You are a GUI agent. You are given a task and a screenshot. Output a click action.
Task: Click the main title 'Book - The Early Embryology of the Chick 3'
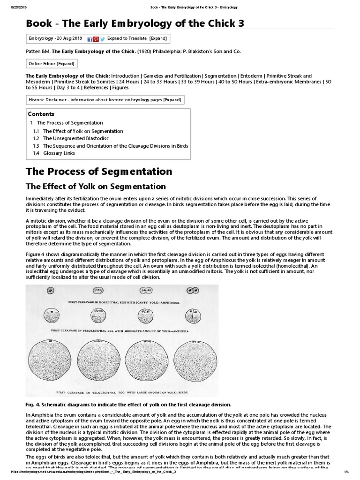coord(135,23)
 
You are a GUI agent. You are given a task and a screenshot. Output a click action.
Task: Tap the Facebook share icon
coord(90,39)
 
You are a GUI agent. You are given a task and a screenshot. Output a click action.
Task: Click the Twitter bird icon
coord(102,39)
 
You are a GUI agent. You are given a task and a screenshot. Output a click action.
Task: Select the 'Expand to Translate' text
coord(127,38)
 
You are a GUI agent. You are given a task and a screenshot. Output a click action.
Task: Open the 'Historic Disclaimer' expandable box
coord(105,99)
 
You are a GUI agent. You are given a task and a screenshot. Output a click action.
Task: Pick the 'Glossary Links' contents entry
coord(59,153)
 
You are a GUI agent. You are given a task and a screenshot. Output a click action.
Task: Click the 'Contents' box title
coord(41,114)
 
